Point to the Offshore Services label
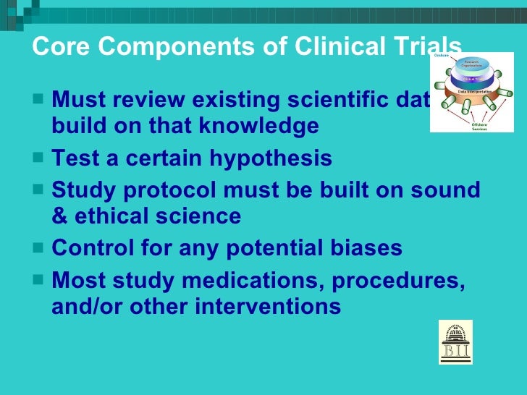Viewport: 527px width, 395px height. (x=479, y=125)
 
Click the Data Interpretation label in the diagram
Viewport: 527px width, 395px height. (x=475, y=93)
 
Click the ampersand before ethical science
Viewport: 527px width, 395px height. (x=59, y=216)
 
